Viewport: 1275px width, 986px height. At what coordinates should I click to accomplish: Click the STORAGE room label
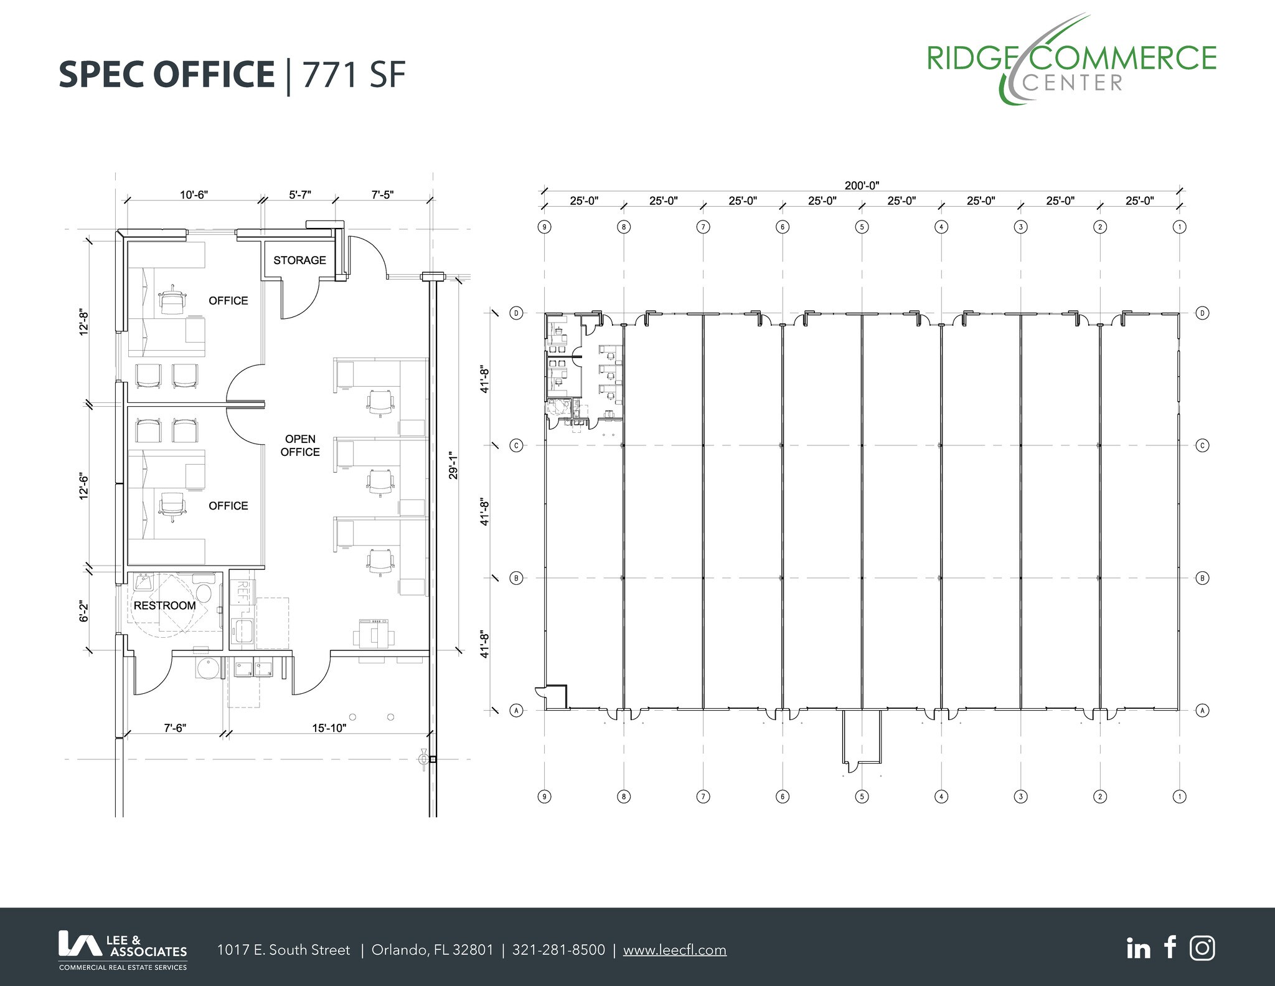[299, 260]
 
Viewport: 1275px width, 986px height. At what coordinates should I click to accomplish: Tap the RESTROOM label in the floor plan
[164, 605]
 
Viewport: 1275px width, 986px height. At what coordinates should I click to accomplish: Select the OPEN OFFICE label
[300, 445]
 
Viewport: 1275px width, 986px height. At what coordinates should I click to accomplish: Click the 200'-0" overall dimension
[862, 185]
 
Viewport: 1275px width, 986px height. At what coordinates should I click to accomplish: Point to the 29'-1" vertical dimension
[453, 465]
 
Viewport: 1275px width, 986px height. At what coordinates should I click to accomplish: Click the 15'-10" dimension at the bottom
[329, 728]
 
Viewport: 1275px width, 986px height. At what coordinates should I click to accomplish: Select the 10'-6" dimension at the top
[194, 195]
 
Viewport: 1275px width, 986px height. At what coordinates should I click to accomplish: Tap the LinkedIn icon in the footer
[1138, 949]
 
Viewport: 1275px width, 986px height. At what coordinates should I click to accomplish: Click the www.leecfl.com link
[674, 950]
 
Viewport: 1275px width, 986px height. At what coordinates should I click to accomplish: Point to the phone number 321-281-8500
[558, 950]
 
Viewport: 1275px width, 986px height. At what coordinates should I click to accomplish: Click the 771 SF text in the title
[354, 75]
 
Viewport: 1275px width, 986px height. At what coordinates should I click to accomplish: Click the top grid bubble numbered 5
[862, 227]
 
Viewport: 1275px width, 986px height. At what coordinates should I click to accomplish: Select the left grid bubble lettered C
[516, 445]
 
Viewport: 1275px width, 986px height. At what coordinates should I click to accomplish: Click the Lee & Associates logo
[123, 949]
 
